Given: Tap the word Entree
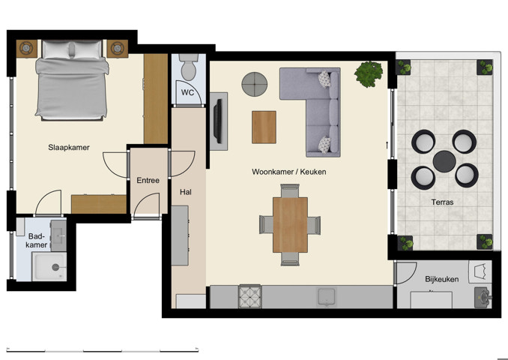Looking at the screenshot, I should (x=148, y=180).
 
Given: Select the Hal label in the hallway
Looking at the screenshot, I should (x=186, y=192).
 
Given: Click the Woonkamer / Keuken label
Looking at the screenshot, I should (x=288, y=172).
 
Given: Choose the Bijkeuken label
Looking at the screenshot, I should (x=441, y=279).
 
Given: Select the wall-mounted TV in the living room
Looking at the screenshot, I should (x=217, y=120).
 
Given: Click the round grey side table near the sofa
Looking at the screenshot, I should (x=255, y=84).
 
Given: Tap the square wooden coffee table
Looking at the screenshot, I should (x=264, y=127).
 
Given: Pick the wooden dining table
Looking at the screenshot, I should (x=290, y=224).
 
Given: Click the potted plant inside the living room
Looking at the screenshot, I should (x=368, y=73).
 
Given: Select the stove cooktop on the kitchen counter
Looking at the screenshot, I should (x=250, y=297).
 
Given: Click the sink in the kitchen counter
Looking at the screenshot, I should (x=327, y=297).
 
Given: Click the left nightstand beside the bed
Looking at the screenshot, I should (x=26, y=48).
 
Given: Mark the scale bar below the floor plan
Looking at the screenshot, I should (x=102, y=349).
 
